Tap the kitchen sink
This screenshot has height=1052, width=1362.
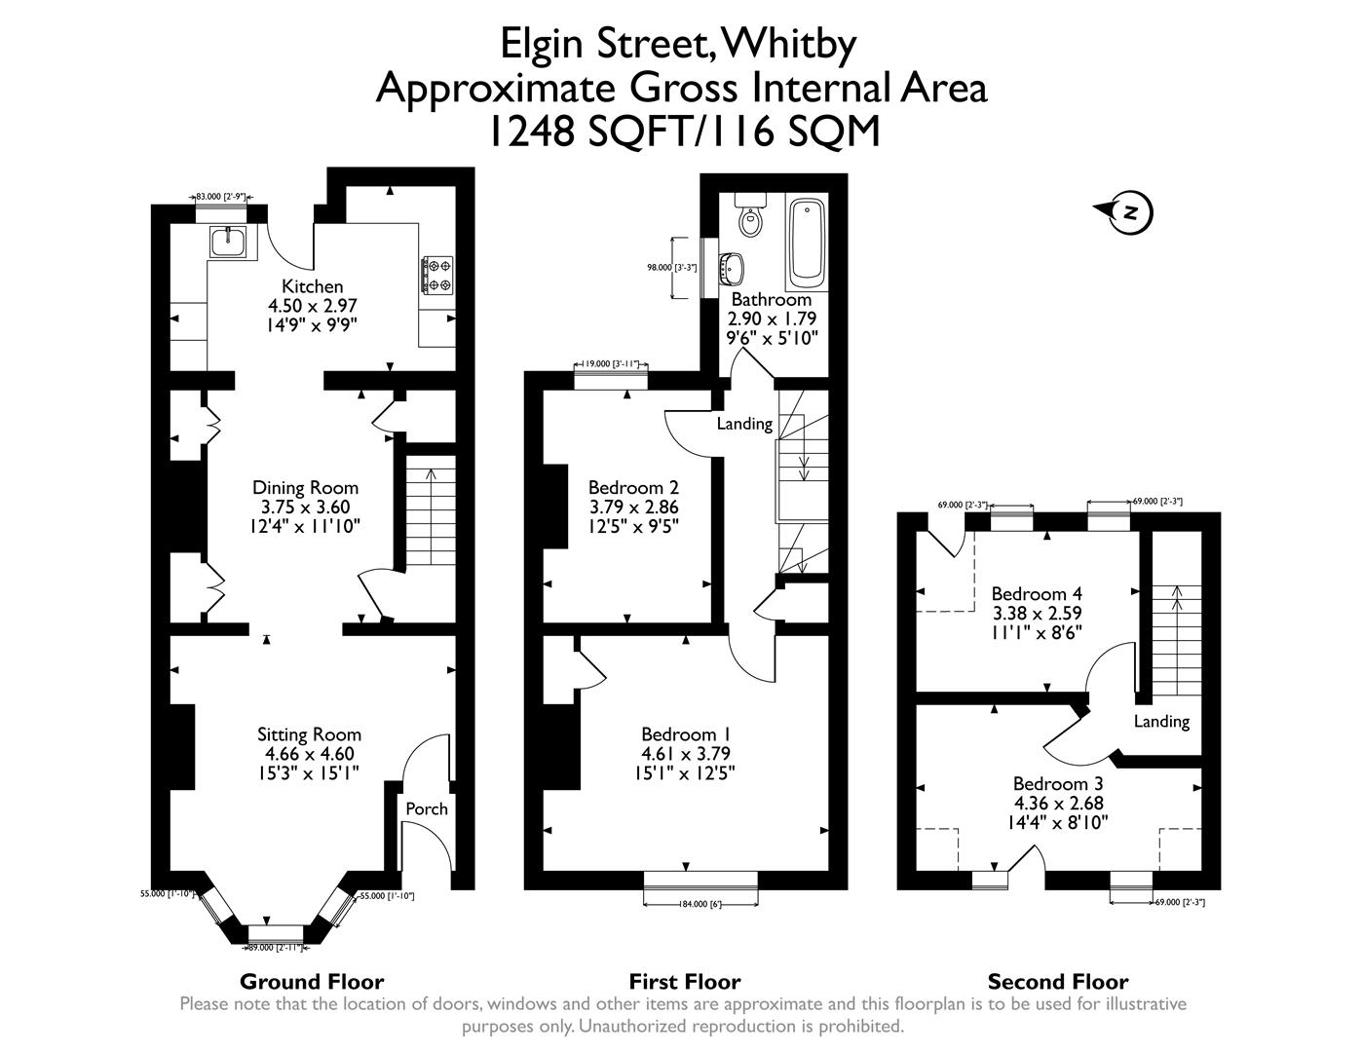pyautogui.click(x=229, y=240)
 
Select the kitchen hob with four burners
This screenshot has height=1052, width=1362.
pyautogui.click(x=437, y=274)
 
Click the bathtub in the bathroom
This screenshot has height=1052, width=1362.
pyautogui.click(x=807, y=242)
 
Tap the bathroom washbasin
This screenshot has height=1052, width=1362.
pyautogui.click(x=733, y=265)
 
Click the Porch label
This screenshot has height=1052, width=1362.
pyautogui.click(x=427, y=808)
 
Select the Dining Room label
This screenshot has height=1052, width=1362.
pyautogui.click(x=305, y=487)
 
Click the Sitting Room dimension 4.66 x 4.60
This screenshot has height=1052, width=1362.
pyautogui.click(x=309, y=754)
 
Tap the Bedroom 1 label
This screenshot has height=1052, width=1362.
pyautogui.click(x=686, y=734)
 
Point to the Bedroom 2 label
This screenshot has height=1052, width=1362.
pyautogui.click(x=633, y=488)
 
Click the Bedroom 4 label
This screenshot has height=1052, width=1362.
pyautogui.click(x=1037, y=593)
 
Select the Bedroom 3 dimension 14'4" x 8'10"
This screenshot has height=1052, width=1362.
pyautogui.click(x=1058, y=822)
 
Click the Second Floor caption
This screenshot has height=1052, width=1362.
pyautogui.click(x=1058, y=982)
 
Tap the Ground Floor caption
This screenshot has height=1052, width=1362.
pyautogui.click(x=312, y=982)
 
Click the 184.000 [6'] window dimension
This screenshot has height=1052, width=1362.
pyautogui.click(x=700, y=904)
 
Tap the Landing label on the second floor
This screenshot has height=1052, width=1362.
pyautogui.click(x=1161, y=721)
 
